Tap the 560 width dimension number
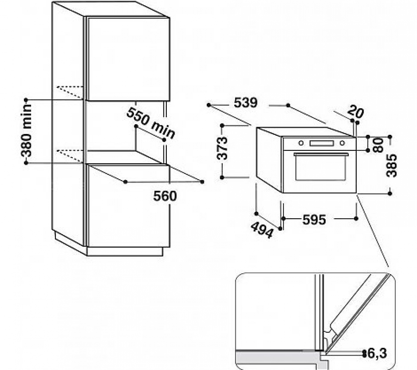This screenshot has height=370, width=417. [165, 196]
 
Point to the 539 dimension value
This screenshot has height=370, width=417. [245, 103]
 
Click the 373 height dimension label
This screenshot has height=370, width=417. [222, 148]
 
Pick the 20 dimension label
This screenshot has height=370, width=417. [355, 111]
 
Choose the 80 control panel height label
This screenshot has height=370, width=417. [378, 146]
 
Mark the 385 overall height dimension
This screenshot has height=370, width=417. [392, 165]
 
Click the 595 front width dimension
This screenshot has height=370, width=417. [314, 220]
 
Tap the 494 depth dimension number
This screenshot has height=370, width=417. [262, 230]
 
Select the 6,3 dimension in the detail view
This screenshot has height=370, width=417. [377, 354]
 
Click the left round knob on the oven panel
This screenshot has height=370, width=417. [301, 143]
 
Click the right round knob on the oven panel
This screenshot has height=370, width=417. [342, 143]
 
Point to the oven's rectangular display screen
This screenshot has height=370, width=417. [322, 143]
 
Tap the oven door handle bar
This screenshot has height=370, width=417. [321, 155]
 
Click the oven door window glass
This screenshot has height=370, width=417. [320, 168]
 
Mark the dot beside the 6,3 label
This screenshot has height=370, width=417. [364, 354]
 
